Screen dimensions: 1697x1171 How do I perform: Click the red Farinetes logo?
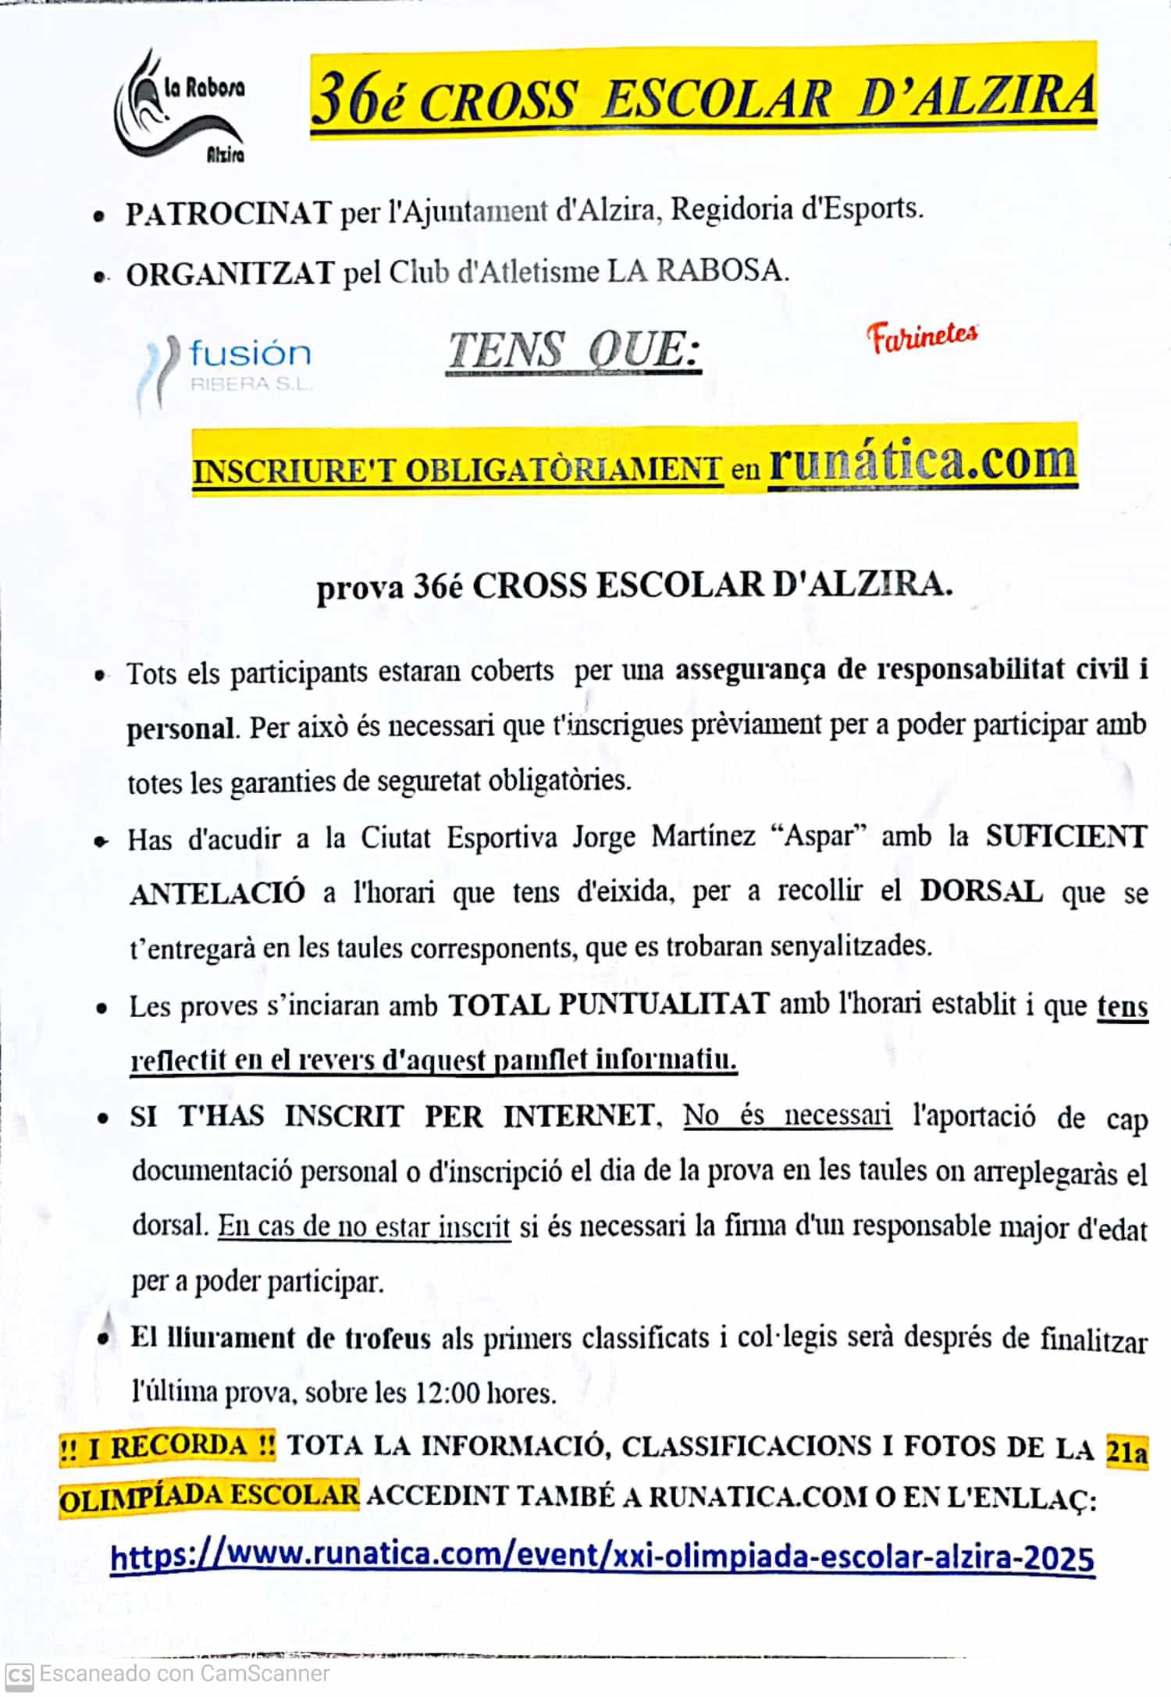921,337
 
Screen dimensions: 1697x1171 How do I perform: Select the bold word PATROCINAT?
229,213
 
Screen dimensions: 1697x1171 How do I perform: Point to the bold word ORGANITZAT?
230,274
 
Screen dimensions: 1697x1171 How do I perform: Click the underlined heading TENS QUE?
574,350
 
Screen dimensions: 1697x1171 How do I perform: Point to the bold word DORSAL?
981,891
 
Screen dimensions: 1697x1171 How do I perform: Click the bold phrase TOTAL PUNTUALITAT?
609,1004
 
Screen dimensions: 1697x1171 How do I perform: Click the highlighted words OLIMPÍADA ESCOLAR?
209,1496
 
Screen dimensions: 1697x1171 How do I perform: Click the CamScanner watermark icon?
19,1674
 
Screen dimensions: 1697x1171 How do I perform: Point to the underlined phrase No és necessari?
787,1115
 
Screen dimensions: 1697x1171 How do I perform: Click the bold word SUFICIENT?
1066,836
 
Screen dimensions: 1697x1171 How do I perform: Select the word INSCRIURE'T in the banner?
295,471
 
